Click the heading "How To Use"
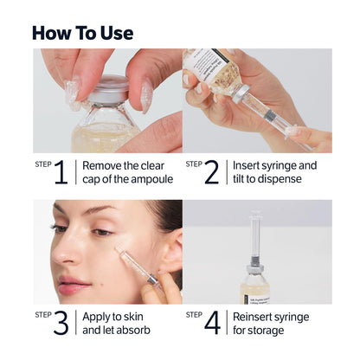point(82,33)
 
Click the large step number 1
point(61,172)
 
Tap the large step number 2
point(212,172)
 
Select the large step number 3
point(61,322)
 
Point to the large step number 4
point(212,322)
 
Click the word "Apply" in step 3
point(98,315)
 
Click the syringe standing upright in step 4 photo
point(256,238)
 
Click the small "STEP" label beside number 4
point(194,313)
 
